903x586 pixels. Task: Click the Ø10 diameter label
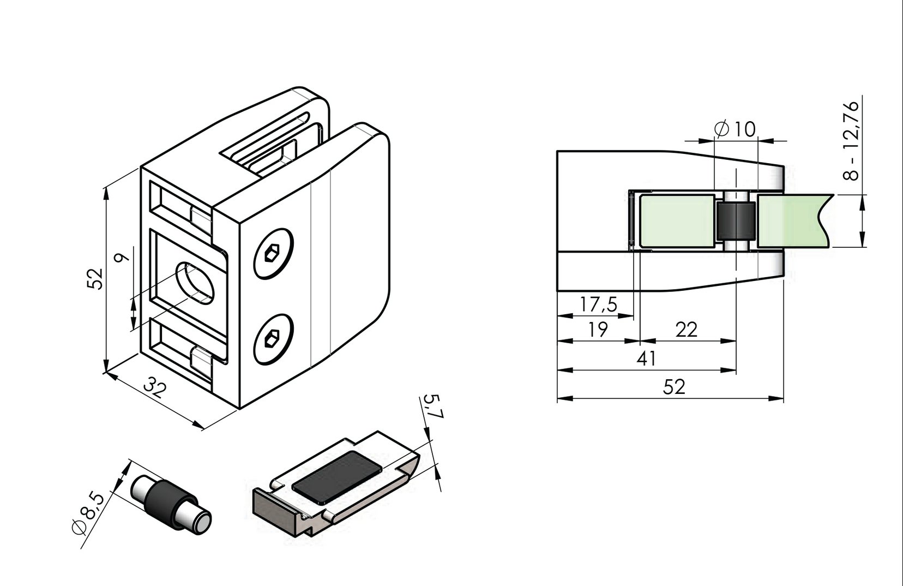point(735,129)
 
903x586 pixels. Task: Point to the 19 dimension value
point(598,330)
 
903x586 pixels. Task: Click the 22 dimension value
point(686,330)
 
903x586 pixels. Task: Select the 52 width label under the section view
point(674,387)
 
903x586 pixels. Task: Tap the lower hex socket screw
point(273,339)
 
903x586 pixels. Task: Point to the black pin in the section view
point(735,221)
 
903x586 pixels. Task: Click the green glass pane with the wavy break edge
point(791,220)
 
